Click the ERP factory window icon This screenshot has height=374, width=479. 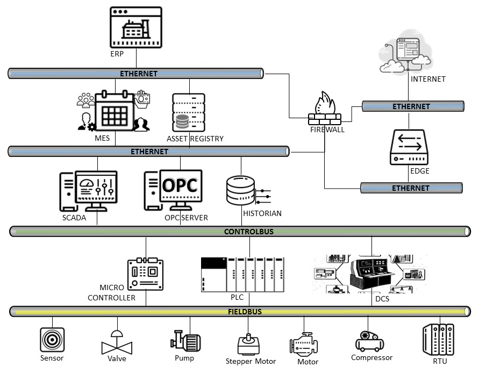pyautogui.click(x=135, y=27)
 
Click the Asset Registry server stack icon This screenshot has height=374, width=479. pyautogui.click(x=189, y=112)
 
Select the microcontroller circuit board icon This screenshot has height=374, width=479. pyautogui.click(x=145, y=275)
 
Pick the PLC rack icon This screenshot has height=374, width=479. pyautogui.click(x=242, y=275)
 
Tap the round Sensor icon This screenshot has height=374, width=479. pyautogui.click(x=52, y=340)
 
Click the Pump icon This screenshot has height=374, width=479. pyautogui.click(x=185, y=341)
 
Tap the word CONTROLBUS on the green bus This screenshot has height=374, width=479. pyautogui.click(x=248, y=232)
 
